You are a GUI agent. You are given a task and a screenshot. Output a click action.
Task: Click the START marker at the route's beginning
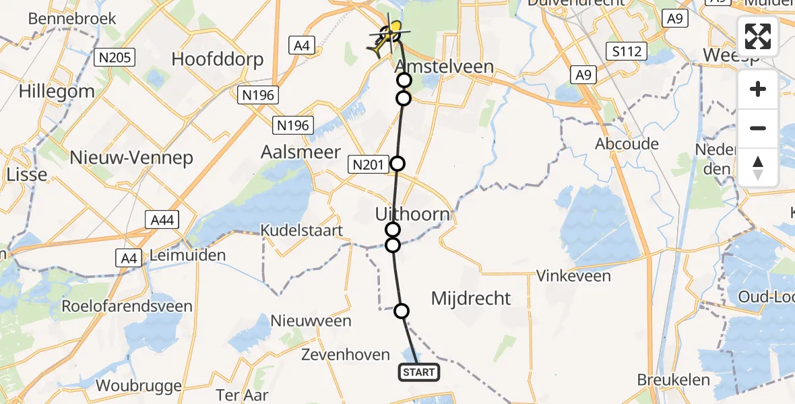click(419, 372)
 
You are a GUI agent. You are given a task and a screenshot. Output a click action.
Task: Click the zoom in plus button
click(758, 89)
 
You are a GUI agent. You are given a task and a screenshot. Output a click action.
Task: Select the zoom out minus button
click(758, 128)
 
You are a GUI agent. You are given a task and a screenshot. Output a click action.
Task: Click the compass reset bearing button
click(758, 167)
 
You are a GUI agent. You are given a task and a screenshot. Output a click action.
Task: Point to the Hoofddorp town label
click(218, 59)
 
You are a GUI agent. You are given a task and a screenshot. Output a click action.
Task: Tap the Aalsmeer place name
click(300, 152)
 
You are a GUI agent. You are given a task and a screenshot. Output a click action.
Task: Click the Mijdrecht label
click(471, 298)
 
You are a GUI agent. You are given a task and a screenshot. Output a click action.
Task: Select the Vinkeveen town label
click(573, 276)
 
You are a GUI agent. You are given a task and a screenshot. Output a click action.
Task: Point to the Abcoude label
click(627, 144)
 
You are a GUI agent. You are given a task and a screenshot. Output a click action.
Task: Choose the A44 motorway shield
click(162, 219)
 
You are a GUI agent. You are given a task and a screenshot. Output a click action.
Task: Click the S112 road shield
click(626, 51)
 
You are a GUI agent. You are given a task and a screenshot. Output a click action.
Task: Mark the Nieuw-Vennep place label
click(132, 158)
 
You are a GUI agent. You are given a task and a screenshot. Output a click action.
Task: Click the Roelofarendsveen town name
click(127, 306)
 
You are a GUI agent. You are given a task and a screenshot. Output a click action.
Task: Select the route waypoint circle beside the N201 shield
click(398, 163)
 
